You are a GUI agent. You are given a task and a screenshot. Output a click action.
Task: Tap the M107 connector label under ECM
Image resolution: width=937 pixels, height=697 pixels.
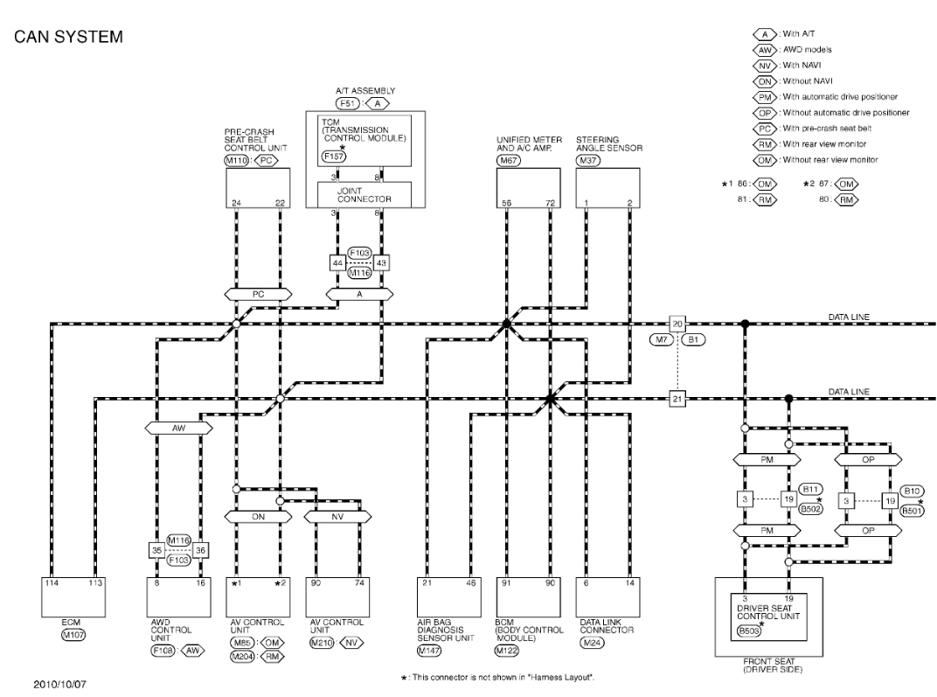[x=73, y=636]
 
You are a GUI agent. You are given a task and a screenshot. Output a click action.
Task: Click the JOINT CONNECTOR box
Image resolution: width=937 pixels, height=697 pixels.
[x=366, y=195]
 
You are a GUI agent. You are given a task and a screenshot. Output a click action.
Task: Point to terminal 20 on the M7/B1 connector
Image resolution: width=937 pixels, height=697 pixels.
[x=677, y=324]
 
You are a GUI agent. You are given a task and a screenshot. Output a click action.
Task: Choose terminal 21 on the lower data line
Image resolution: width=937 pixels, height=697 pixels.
[x=677, y=399]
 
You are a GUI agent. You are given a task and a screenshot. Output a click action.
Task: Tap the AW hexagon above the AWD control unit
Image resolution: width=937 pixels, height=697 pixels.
[x=178, y=429]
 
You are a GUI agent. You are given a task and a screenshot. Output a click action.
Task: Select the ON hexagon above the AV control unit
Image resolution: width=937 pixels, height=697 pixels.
[x=258, y=516]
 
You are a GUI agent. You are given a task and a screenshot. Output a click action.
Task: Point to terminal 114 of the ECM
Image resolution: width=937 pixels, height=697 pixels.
[x=52, y=582]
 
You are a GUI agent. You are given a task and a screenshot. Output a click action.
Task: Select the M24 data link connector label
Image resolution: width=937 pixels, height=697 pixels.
[x=593, y=643]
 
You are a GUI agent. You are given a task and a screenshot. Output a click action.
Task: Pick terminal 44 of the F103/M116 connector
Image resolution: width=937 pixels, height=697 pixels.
[x=338, y=262]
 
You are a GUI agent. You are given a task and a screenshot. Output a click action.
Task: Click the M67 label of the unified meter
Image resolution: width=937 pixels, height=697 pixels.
[x=507, y=161]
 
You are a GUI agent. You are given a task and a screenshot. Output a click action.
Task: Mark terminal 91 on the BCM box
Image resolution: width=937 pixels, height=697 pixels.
[x=508, y=582]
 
